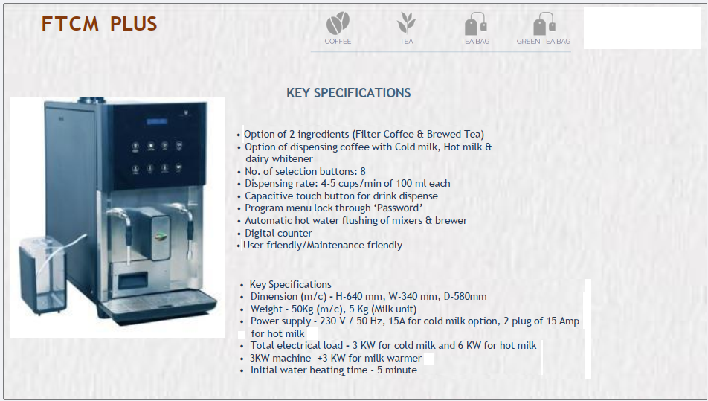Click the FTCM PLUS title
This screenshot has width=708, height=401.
tap(99, 24)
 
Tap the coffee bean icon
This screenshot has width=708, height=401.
tap(338, 23)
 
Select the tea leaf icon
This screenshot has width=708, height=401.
tap(406, 22)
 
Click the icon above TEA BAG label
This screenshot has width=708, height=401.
tap(475, 24)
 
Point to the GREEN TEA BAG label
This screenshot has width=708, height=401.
tap(544, 41)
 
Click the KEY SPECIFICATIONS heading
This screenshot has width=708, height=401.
tap(349, 93)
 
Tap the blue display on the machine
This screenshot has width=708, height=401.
tap(157, 121)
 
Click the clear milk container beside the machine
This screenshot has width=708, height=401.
tap(42, 275)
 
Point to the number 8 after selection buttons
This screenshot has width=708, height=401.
tap(363, 172)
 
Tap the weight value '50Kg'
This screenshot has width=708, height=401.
tap(304, 309)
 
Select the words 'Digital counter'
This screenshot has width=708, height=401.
tap(278, 234)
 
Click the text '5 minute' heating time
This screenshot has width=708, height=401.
tap(397, 370)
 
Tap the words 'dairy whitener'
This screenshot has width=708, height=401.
tap(279, 159)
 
